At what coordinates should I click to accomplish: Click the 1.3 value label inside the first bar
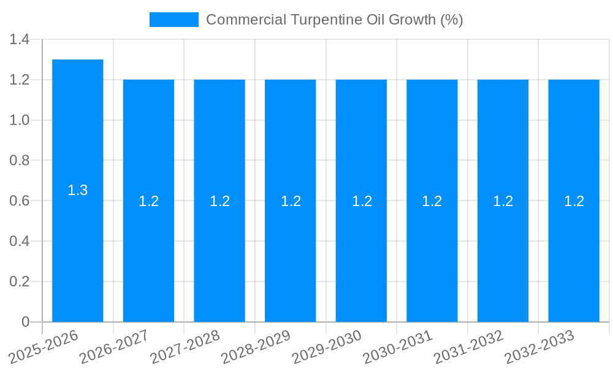point(78,191)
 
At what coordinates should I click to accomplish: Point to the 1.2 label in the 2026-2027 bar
point(148,201)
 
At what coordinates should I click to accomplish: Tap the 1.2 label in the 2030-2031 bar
point(432,201)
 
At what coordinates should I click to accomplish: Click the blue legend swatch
point(174,20)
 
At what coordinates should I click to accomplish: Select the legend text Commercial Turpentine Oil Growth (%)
point(334,20)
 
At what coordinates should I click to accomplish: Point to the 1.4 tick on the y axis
point(20,40)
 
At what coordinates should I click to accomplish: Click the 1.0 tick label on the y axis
point(20,120)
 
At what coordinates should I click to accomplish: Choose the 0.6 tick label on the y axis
point(20,201)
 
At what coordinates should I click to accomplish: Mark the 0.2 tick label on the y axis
point(20,282)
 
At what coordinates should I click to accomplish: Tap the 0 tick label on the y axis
point(25,322)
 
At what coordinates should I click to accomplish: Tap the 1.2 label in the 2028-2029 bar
point(291,201)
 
